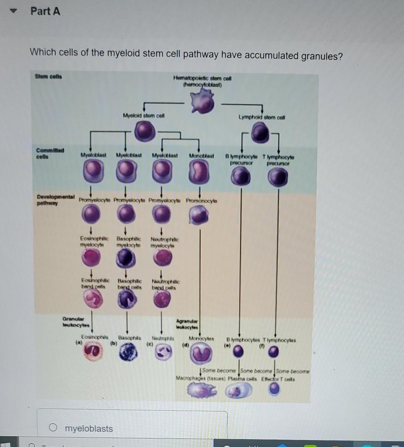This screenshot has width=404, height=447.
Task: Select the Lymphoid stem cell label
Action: tap(258, 117)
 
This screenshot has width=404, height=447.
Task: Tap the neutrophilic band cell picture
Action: tap(161, 297)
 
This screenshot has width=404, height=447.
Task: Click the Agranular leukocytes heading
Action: tap(187, 325)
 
